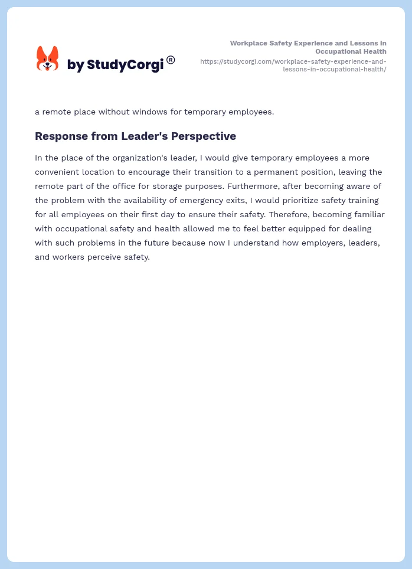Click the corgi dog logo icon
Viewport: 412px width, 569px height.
point(48,58)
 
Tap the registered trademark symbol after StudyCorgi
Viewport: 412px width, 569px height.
point(171,60)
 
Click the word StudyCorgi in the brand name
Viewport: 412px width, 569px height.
point(125,65)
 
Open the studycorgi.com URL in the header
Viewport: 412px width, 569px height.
point(293,65)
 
